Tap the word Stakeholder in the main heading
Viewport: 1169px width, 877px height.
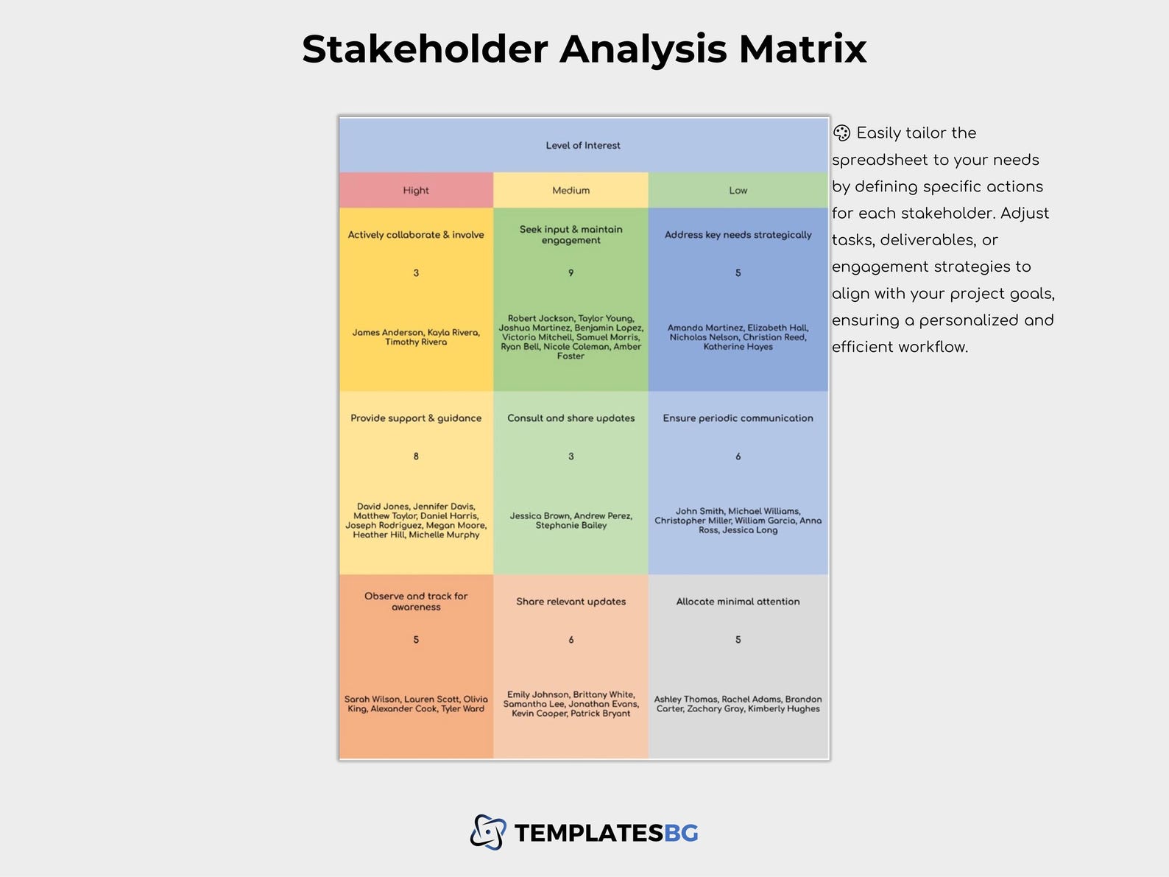tap(425, 49)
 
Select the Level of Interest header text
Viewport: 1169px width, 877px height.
tap(583, 146)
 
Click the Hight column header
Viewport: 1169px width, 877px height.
tap(416, 191)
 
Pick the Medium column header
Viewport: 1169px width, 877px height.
tap(571, 191)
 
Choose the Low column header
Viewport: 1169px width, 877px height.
tap(738, 191)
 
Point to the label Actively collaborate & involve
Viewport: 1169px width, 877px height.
tap(416, 235)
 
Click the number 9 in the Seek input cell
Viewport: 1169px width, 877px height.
tap(571, 273)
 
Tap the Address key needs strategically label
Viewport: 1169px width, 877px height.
tap(738, 235)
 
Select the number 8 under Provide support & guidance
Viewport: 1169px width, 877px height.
tap(416, 457)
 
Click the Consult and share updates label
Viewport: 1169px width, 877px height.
tap(571, 418)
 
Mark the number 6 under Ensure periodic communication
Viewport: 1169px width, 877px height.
tap(738, 457)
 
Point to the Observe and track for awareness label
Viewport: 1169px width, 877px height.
tap(416, 602)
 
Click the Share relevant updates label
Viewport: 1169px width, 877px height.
tap(571, 602)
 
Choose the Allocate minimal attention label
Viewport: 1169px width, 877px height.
tap(738, 602)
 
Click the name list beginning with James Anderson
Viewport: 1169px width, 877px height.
tap(416, 337)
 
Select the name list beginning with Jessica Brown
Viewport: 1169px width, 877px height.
tap(571, 521)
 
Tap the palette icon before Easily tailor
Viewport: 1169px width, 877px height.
tap(841, 133)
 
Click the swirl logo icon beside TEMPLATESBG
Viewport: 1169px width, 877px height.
tap(488, 833)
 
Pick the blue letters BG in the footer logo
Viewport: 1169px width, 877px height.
tap(681, 834)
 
